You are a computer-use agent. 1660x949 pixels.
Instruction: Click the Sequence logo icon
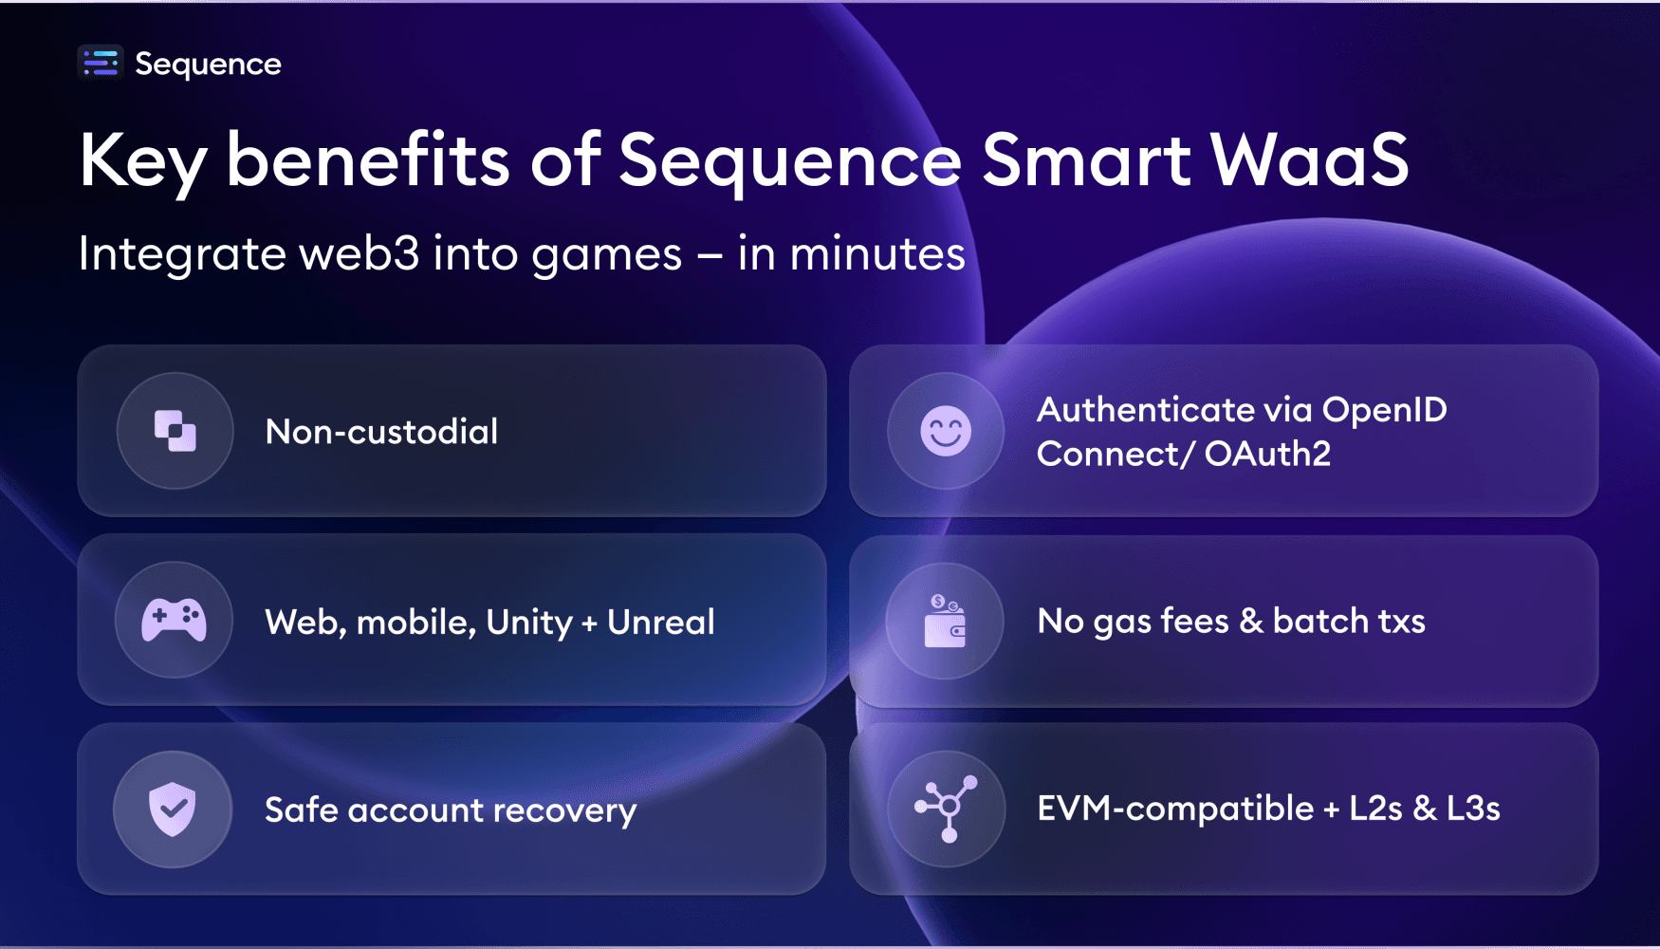(101, 64)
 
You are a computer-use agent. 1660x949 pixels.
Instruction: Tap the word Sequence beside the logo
(208, 65)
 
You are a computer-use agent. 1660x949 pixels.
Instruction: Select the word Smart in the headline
(1085, 159)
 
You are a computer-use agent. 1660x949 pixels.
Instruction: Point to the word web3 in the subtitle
(359, 253)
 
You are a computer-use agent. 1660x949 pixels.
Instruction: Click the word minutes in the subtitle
(877, 253)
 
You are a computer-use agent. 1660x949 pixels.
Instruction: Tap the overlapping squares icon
(175, 431)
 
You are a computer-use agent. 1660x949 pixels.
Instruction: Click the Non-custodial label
(381, 432)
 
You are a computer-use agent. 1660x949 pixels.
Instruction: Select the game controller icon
(174, 620)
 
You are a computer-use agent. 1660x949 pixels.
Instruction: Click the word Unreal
(660, 623)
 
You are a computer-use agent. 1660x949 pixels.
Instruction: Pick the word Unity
(528, 623)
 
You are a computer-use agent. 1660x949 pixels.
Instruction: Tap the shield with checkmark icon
(173, 809)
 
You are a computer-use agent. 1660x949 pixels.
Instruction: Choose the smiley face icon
(946, 431)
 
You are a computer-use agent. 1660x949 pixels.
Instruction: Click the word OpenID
(1384, 410)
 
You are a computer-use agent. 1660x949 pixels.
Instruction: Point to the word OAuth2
(1267, 455)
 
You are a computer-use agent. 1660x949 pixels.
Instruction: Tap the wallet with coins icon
(945, 621)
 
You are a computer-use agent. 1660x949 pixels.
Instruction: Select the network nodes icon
(947, 808)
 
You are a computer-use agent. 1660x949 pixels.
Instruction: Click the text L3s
(1472, 809)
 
